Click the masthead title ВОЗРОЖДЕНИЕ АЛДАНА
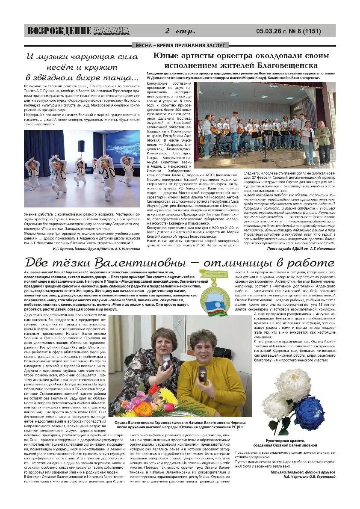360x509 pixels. point(78,31)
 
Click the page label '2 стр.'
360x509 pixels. point(180,31)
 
